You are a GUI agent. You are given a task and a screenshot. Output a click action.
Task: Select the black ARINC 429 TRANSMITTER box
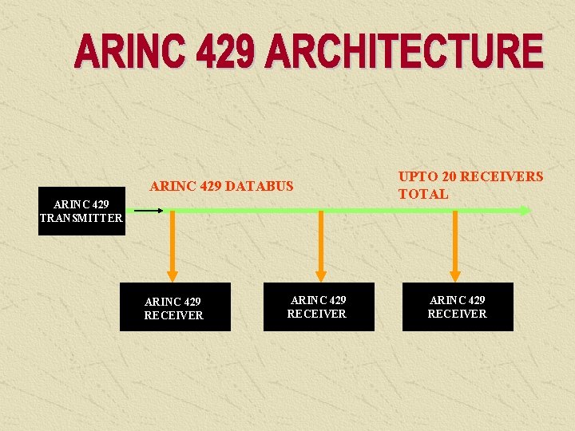pos(81,212)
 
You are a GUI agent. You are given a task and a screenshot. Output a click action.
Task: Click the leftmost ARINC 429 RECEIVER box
pos(175,307)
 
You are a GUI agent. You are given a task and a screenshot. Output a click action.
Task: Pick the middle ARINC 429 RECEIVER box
pos(319,307)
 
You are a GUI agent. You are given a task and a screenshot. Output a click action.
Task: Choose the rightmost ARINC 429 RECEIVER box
pos(458,307)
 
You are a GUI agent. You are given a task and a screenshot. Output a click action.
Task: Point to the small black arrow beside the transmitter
pos(149,211)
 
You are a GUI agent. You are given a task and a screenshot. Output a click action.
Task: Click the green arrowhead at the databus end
pos(524,211)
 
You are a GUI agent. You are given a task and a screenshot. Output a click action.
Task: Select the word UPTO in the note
pos(415,176)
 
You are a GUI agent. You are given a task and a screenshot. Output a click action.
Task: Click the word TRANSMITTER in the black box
pos(81,218)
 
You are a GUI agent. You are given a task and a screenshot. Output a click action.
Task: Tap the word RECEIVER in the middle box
pos(317,314)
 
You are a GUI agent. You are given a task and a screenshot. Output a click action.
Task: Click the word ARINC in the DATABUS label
pos(171,187)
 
